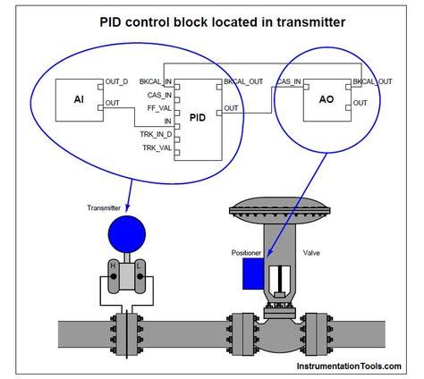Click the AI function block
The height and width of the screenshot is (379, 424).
coord(78,99)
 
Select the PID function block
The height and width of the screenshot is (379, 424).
coord(201,113)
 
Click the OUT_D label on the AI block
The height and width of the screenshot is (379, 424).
coord(118,81)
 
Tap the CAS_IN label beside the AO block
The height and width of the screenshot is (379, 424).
coord(288,81)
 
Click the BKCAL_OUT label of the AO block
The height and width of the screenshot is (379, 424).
coord(373,81)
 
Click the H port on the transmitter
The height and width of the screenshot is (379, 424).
coord(113,266)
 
